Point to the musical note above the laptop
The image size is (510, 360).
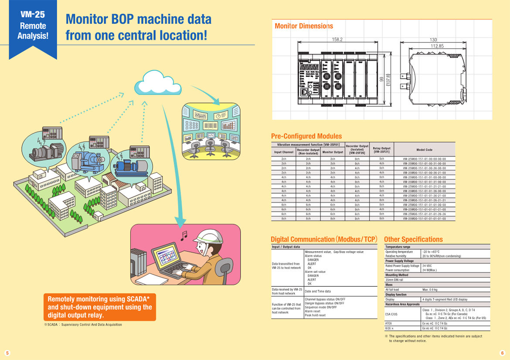click(x=184, y=236)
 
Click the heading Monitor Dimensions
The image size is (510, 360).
click(x=304, y=26)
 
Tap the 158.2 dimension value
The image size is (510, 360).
click(x=337, y=39)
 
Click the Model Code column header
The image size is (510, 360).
click(x=424, y=149)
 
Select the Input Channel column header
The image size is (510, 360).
click(x=284, y=152)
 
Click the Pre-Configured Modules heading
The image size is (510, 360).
click(x=306, y=136)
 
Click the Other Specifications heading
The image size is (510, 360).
click(x=413, y=239)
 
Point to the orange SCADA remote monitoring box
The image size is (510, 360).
click(x=100, y=307)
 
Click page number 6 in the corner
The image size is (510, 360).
click(x=502, y=353)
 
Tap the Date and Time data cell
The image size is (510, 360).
click(x=318, y=291)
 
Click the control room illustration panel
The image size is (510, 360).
click(x=211, y=131)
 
